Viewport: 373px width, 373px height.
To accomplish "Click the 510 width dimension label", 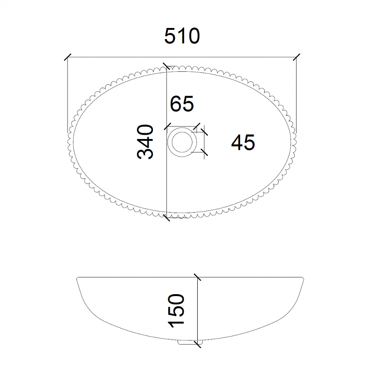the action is click(x=182, y=36).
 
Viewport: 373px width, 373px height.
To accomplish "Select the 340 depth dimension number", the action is click(x=145, y=142).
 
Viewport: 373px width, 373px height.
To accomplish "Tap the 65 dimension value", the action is click(x=182, y=104).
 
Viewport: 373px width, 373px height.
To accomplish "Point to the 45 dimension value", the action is click(x=243, y=142).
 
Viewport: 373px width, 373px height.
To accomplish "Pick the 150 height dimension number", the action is click(x=176, y=311).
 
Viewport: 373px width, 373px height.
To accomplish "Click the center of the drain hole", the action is click(x=182, y=142).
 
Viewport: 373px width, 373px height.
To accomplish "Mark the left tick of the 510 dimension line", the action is click(x=68, y=57).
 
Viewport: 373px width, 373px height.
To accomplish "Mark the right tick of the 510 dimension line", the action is click(x=297, y=57).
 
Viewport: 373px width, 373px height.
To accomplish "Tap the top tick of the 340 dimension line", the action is click(x=166, y=66).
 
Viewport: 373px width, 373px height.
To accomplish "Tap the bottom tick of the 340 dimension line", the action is click(x=166, y=218).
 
